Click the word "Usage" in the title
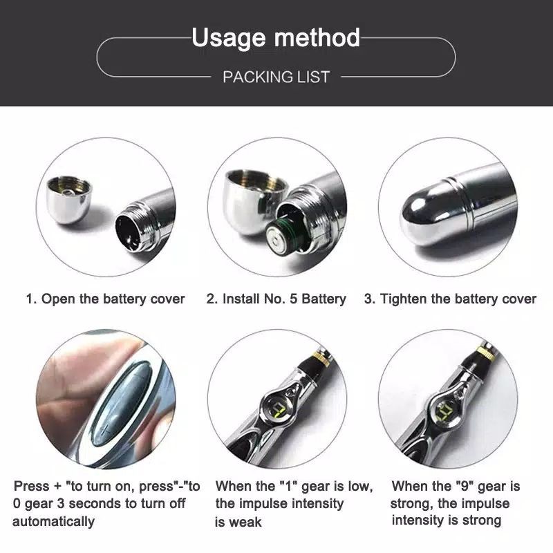pyautogui.click(x=228, y=38)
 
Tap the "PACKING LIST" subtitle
pyautogui.click(x=276, y=77)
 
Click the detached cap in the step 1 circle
pyautogui.click(x=69, y=200)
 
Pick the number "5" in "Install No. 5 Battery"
pyautogui.click(x=293, y=299)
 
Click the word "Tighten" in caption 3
pyautogui.click(x=403, y=299)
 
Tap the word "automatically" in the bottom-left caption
pyautogui.click(x=54, y=522)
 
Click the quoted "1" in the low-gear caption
pyautogui.click(x=289, y=486)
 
